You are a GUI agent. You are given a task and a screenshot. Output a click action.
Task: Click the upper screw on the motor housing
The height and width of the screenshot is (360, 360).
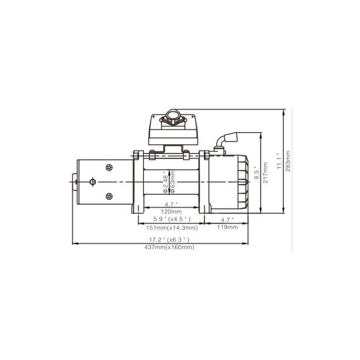[x=108, y=168]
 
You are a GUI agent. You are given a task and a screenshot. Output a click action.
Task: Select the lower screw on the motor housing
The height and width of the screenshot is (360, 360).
[x=108, y=196]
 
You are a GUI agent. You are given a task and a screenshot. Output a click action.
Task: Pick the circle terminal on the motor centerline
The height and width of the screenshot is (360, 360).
[x=94, y=182]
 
